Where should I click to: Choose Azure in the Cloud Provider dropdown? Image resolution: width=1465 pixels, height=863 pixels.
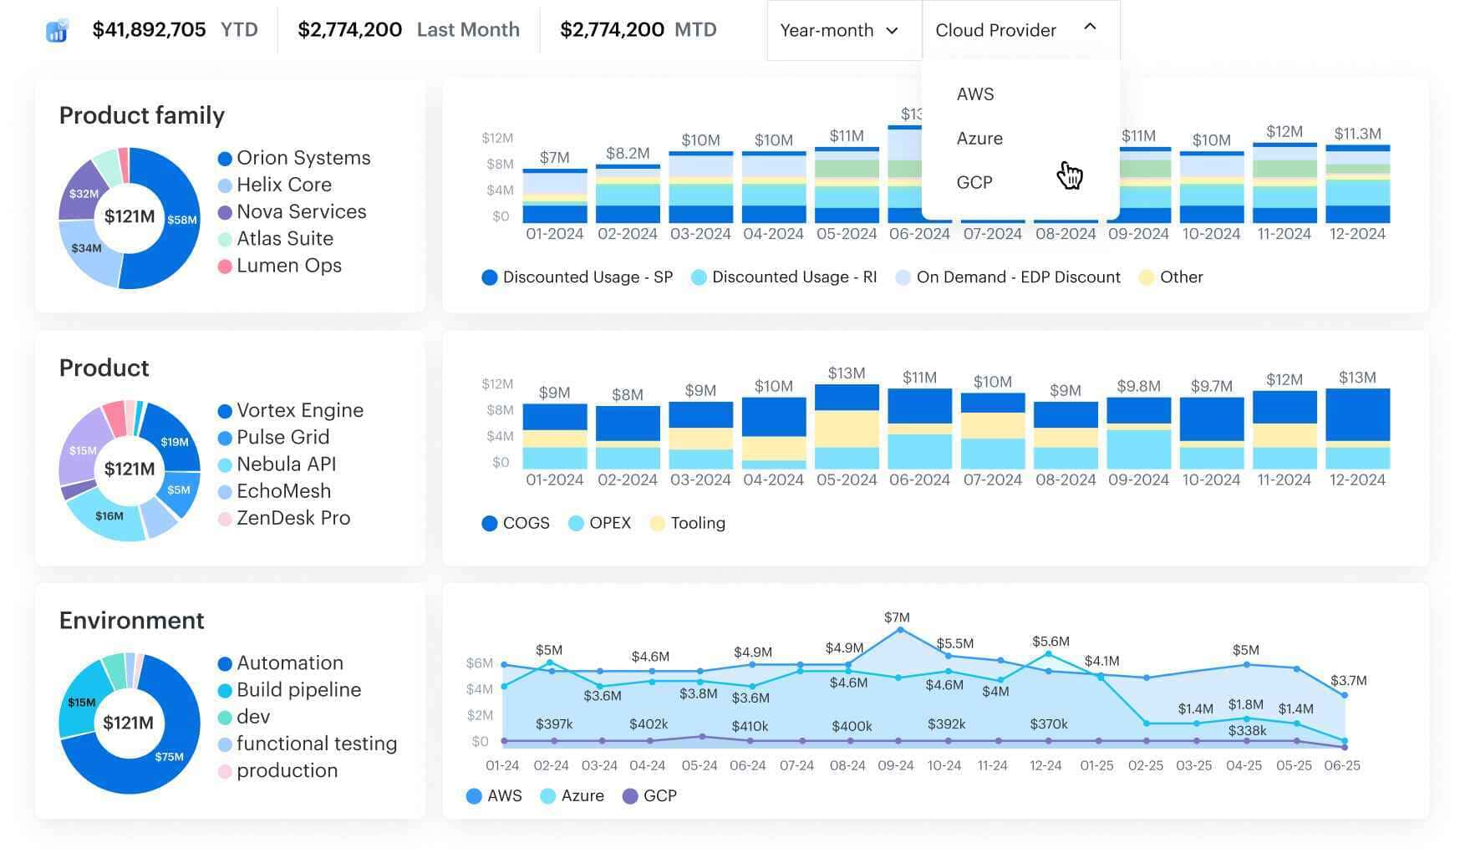979,139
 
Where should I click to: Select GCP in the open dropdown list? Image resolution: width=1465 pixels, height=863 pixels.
974,183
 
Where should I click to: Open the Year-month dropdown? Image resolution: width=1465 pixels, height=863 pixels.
839,31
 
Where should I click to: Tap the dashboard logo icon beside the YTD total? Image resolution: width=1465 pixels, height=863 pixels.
56,31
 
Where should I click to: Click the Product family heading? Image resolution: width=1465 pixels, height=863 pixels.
142,115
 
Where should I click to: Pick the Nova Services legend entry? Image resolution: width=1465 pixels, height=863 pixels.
301,212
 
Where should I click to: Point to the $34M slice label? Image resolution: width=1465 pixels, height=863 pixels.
86,248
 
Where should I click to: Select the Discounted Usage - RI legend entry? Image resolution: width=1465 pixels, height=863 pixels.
793,277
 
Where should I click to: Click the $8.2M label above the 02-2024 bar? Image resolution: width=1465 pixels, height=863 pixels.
627,153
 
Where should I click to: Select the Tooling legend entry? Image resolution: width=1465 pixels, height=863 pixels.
697,524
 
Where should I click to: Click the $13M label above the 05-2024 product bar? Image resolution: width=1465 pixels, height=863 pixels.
846,373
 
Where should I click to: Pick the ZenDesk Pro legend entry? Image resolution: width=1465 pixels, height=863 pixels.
292,518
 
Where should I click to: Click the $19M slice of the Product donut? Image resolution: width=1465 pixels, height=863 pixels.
175,442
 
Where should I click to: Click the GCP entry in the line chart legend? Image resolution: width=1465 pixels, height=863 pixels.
659,796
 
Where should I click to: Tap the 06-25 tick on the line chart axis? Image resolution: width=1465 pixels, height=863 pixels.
1341,765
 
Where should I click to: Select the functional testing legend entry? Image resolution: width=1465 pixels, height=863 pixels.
316,744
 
